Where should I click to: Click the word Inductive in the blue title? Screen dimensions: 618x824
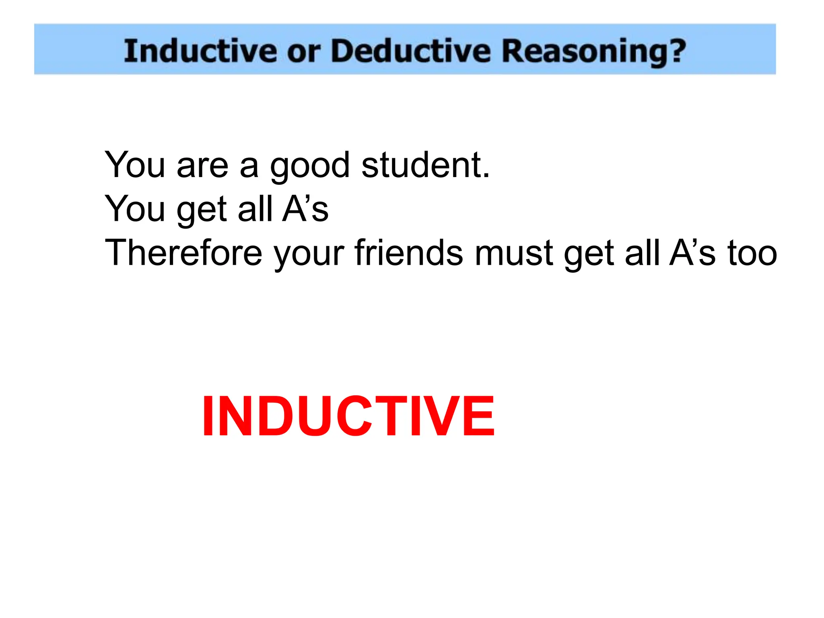pos(200,51)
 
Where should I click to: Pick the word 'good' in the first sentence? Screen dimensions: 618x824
pos(309,166)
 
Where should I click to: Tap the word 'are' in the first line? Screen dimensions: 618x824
pos(202,166)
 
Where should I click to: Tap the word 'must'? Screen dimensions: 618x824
pos(514,253)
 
